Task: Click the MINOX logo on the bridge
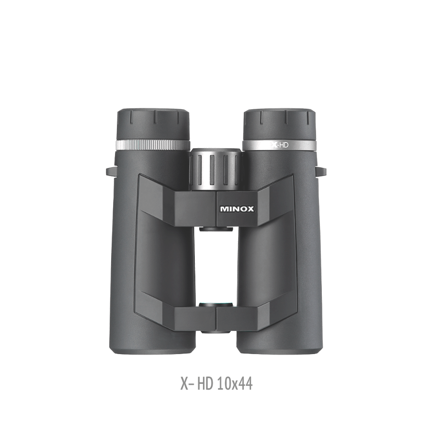click(x=237, y=209)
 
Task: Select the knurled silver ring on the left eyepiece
click(x=153, y=145)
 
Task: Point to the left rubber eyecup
click(x=153, y=125)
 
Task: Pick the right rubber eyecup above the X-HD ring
click(x=279, y=124)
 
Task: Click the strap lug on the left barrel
click(x=111, y=170)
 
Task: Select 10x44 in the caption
click(x=235, y=384)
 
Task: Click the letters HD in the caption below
click(x=205, y=384)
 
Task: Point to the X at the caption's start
click(x=184, y=384)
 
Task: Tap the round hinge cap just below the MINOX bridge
click(x=216, y=229)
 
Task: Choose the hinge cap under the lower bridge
click(x=216, y=331)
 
